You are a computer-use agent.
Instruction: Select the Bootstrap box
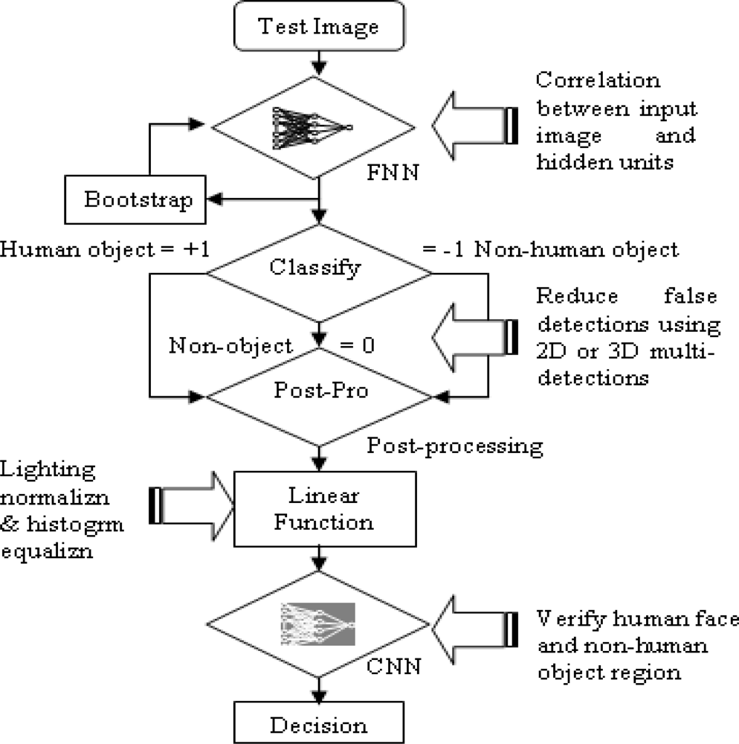tap(138, 199)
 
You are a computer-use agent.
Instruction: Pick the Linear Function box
tap(318, 509)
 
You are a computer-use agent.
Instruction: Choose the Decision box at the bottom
tap(318, 725)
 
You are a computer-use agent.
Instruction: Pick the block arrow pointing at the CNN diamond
tap(476, 623)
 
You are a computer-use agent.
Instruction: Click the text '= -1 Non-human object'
tap(550, 250)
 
